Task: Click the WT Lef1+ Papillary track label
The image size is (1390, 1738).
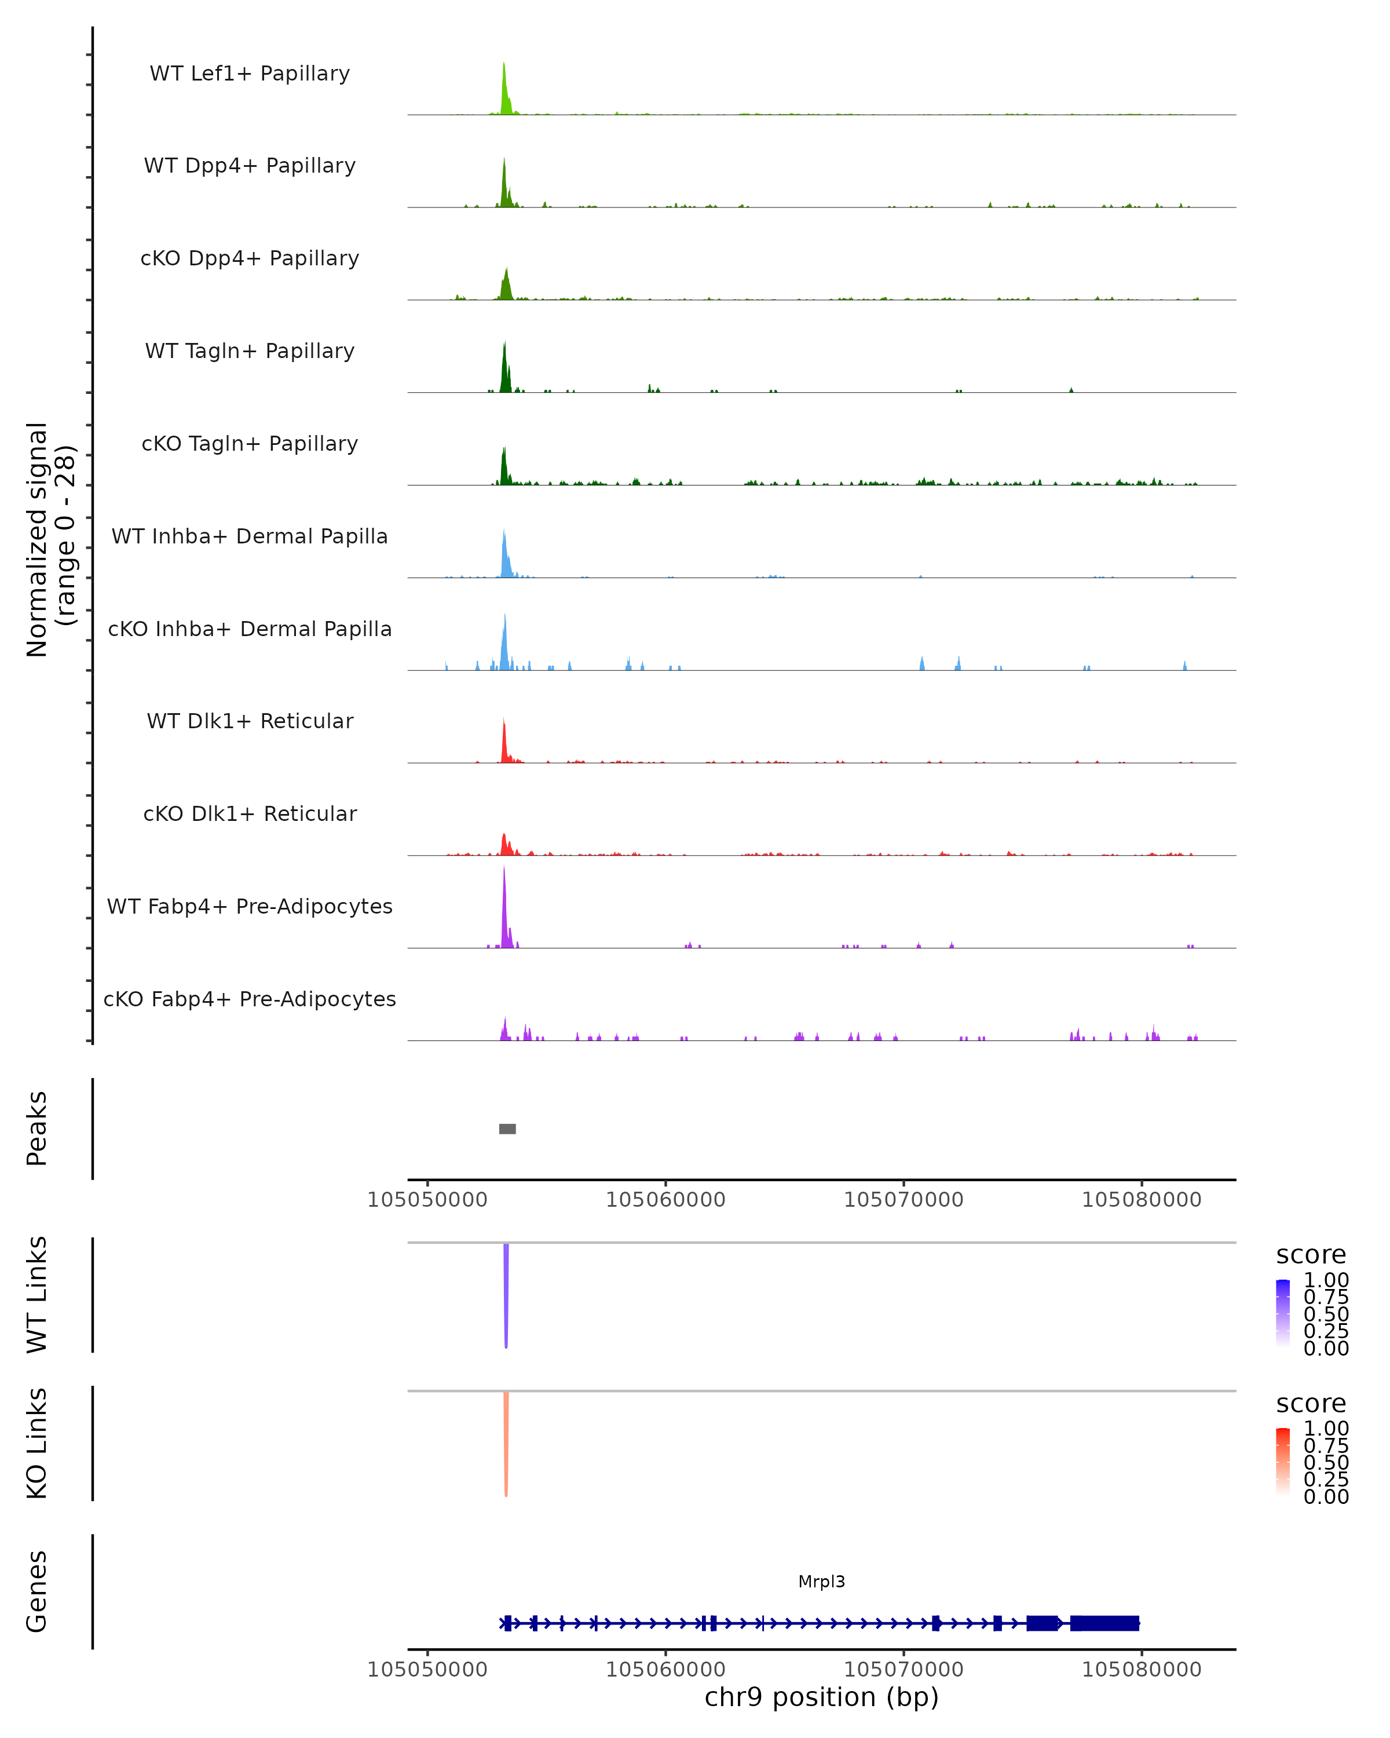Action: click(250, 74)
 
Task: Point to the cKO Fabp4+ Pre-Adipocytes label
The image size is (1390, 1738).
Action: click(250, 999)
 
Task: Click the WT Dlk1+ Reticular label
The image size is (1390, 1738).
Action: click(250, 721)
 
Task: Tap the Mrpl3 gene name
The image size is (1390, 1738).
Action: click(821, 1582)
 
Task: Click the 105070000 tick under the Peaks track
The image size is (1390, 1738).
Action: click(904, 1200)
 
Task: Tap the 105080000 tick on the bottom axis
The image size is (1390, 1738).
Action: click(1141, 1670)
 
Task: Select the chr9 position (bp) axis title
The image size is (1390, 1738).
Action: click(821, 1697)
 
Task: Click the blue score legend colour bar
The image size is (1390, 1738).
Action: click(1283, 1312)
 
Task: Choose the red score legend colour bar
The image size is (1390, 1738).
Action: click(1283, 1462)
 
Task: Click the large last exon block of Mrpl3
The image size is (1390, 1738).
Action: click(1104, 1623)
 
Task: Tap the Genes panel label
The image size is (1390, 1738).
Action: click(37, 1591)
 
